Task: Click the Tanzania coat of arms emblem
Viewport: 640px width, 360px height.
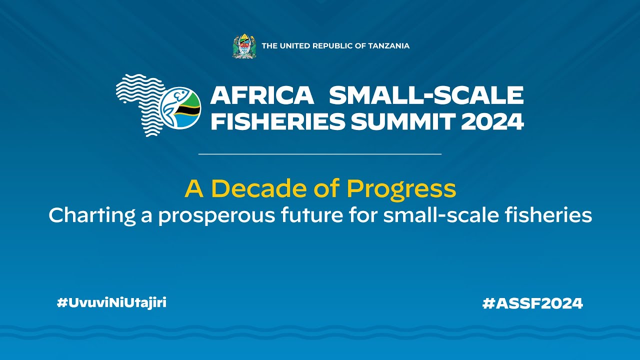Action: tap(244, 46)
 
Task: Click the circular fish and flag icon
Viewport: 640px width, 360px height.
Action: tap(180, 108)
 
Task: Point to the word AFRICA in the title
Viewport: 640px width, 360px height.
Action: tap(262, 95)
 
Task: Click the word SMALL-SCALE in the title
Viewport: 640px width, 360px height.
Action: tap(426, 95)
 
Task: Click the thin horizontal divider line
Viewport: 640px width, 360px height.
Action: tap(320, 154)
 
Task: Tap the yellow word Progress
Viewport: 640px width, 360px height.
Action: tap(401, 189)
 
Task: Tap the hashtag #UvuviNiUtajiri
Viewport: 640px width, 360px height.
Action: tap(111, 302)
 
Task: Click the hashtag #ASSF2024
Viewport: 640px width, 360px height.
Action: tap(532, 303)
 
